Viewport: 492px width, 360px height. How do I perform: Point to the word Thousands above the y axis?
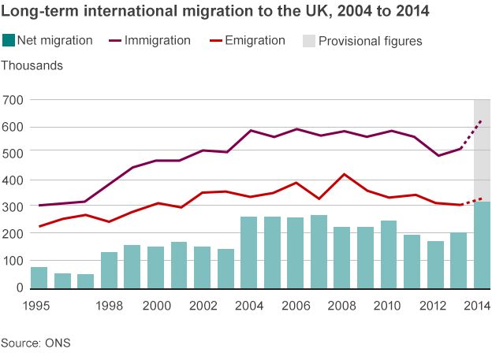(32, 65)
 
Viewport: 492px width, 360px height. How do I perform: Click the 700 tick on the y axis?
(13, 100)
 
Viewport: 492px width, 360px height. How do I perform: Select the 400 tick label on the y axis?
(13, 180)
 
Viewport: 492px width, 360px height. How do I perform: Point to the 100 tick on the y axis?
(13, 261)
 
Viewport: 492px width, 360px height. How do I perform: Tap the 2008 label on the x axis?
(341, 305)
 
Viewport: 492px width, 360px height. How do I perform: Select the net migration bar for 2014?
(482, 245)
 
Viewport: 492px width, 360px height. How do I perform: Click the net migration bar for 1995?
(39, 277)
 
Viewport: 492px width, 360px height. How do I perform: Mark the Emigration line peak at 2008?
(342, 174)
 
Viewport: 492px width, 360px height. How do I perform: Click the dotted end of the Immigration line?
(480, 121)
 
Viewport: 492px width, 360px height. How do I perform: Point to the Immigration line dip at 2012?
(438, 155)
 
